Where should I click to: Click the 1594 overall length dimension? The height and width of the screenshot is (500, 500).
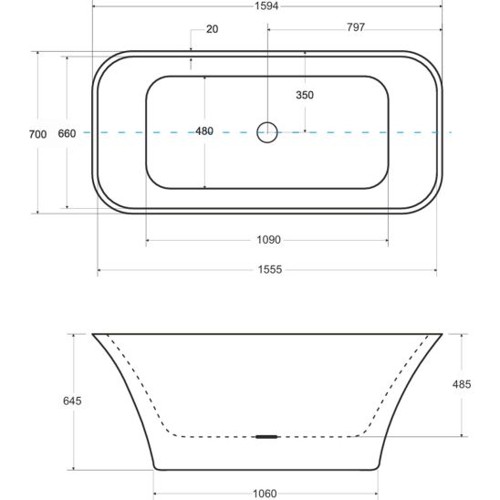266,5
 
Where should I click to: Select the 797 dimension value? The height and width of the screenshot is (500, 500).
356,27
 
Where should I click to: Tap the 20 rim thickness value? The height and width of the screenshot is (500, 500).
212,29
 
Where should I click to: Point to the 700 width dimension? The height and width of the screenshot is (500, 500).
37,134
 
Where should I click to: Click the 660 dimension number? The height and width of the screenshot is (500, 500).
67,133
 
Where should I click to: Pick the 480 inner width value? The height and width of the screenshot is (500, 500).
204,131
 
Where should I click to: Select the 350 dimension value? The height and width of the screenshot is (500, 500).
305,95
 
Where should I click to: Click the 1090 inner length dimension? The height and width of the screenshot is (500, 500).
269,239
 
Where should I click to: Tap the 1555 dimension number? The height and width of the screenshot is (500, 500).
270,270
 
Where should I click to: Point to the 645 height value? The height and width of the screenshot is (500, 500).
72,401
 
